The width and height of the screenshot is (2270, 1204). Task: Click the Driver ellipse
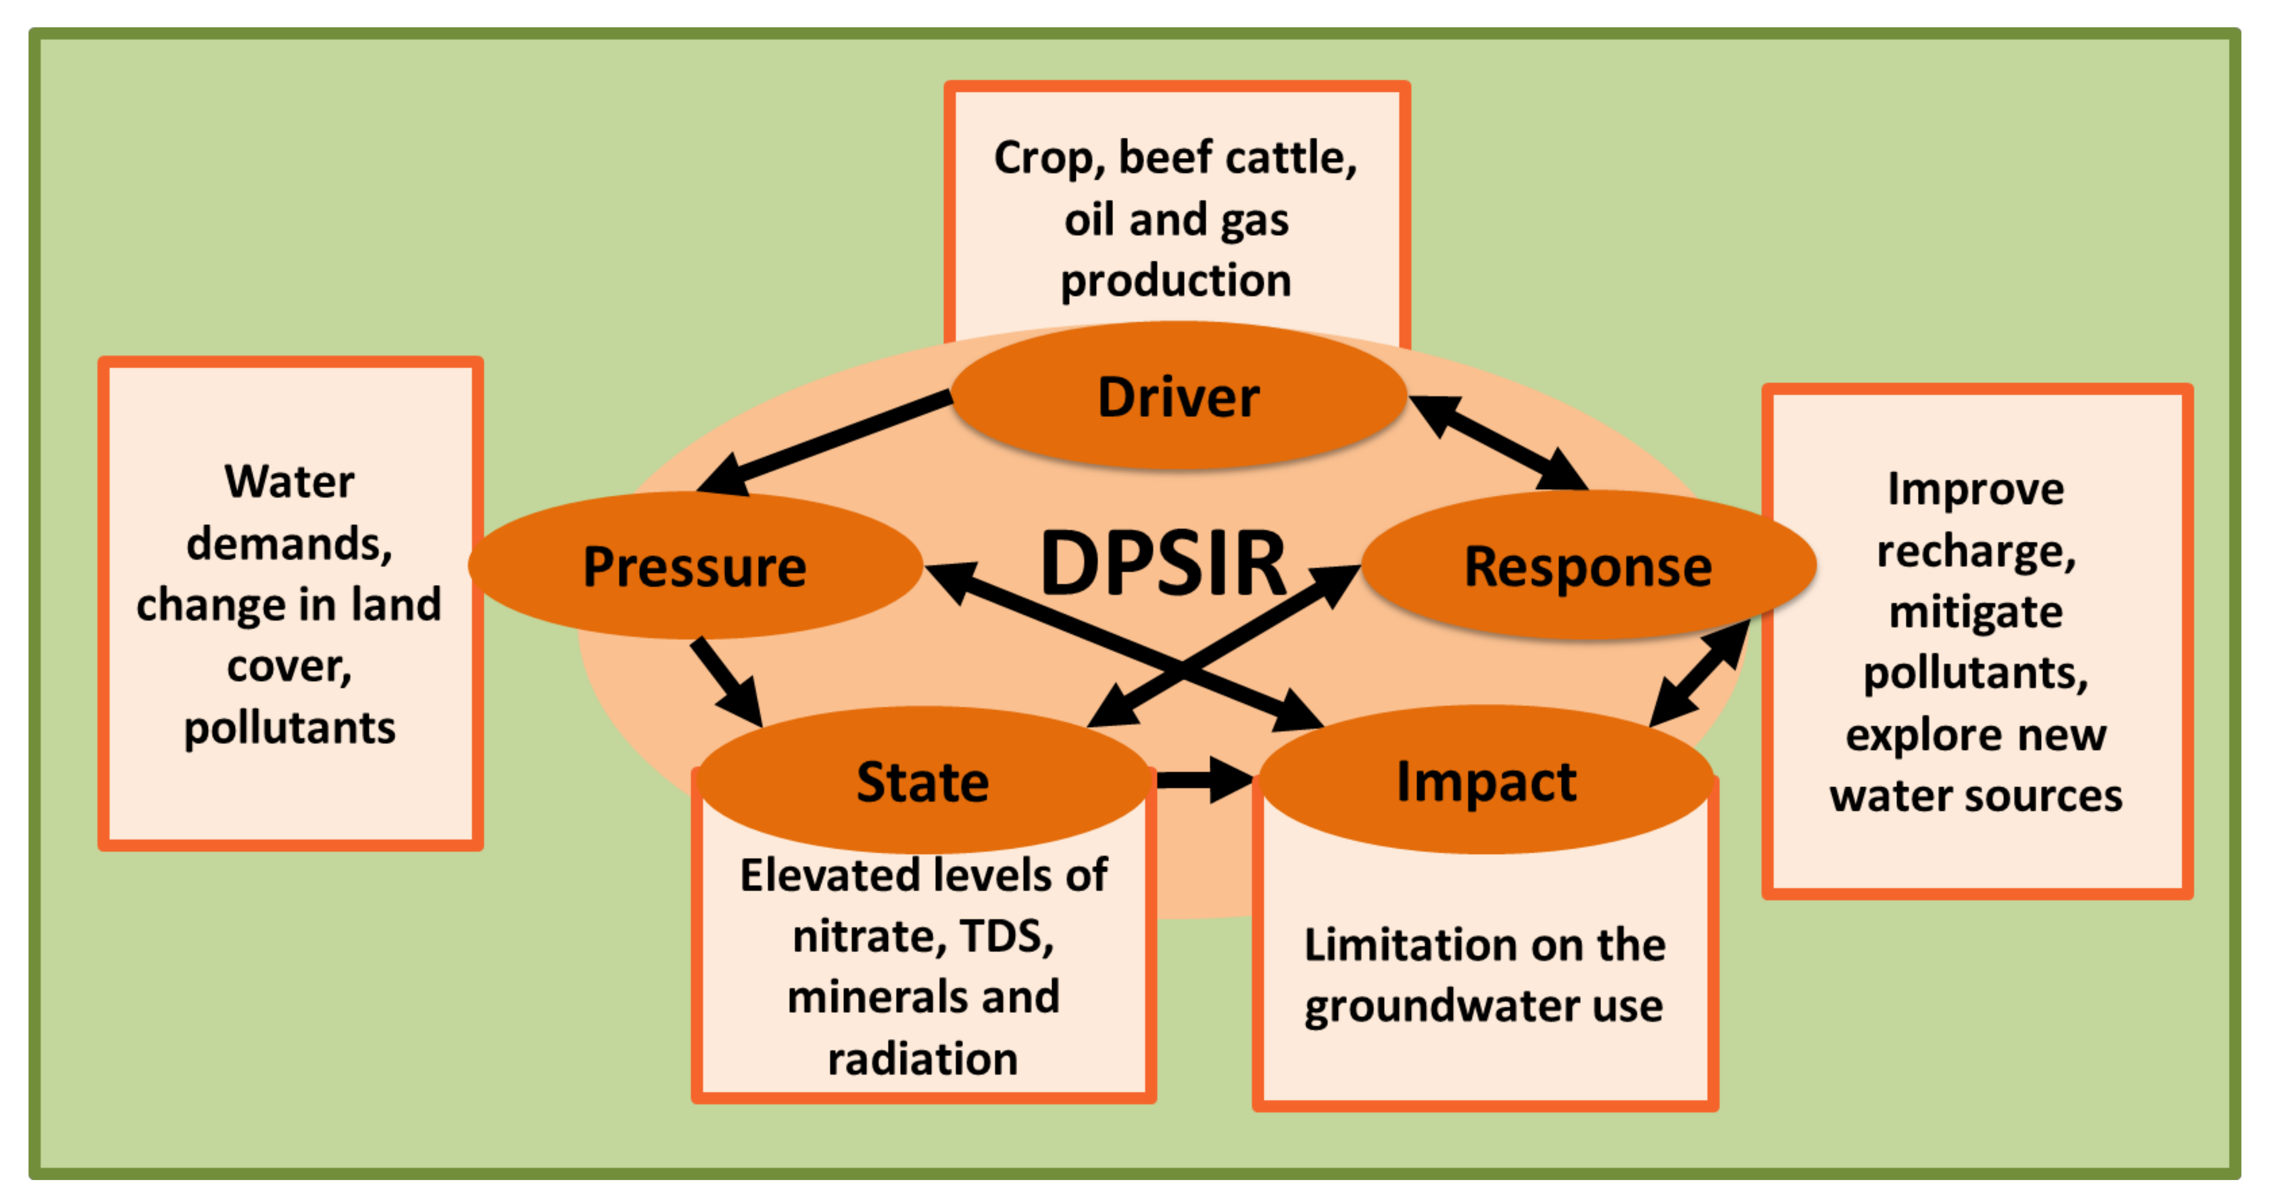[x=1178, y=397]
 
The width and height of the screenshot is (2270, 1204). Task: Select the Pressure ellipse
[x=695, y=566]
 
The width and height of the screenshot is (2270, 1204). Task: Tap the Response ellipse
[x=1588, y=566]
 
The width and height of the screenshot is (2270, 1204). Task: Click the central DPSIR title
[x=1163, y=564]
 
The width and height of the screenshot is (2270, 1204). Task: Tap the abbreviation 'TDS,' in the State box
[x=1006, y=936]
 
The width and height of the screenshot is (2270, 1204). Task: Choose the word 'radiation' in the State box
[x=923, y=1059]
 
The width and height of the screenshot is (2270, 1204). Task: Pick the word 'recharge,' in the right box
[x=1976, y=551]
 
